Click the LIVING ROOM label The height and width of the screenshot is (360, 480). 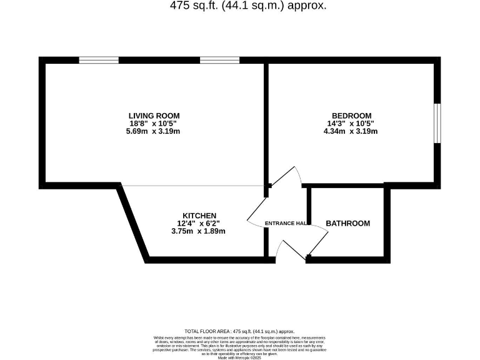coord(154,116)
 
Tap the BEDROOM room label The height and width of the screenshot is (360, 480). coord(352,116)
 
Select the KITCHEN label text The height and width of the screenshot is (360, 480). coord(199,215)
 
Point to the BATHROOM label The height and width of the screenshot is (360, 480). coord(348,223)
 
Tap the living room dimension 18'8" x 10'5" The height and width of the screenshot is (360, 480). coord(154,124)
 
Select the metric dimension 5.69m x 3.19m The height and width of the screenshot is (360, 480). coord(154,131)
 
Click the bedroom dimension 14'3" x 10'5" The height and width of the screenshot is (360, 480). coord(352,124)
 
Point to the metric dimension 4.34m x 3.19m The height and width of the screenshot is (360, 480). coord(352,131)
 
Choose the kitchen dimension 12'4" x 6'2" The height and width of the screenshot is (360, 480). coord(199,223)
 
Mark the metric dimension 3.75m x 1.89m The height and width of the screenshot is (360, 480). coord(199,231)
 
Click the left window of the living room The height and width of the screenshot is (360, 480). coord(99,60)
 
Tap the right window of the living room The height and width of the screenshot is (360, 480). coord(219,60)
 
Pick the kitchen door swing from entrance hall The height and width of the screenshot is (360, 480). coord(256,216)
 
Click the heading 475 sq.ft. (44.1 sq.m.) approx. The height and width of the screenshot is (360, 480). coord(248,6)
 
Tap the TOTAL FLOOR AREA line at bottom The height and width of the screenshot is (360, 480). coord(239,331)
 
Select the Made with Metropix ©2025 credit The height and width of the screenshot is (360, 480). coord(239,356)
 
